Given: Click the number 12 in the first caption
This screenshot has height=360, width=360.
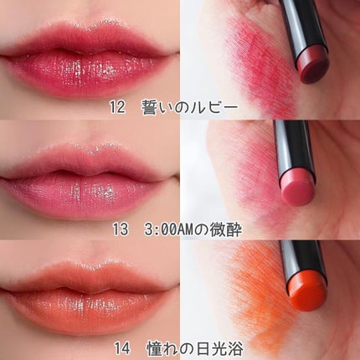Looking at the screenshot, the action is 117,107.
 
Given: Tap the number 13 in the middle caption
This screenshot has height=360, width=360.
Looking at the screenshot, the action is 121,229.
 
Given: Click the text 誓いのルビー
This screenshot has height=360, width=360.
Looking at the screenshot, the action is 190,107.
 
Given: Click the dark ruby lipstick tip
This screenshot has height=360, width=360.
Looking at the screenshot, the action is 313,65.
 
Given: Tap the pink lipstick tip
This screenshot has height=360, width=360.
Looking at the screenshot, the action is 298,188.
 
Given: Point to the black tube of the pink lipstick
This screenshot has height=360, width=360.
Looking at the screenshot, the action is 294,148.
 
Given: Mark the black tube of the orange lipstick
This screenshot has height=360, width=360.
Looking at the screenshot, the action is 303,260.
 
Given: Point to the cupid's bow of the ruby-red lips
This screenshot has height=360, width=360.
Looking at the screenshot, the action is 90,28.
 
